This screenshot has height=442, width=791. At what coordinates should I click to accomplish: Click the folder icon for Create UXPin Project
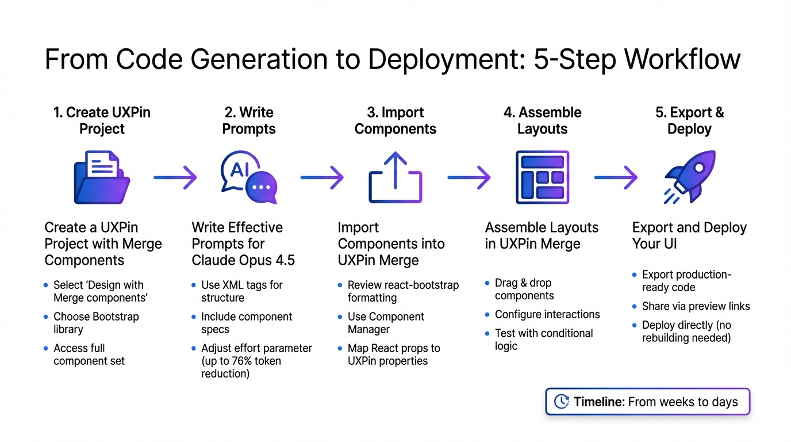(102, 177)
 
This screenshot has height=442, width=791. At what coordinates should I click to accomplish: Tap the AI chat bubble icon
(248, 178)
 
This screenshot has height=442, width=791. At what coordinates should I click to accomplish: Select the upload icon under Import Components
(395, 177)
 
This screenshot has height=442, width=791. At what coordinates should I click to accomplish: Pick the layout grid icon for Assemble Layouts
(542, 177)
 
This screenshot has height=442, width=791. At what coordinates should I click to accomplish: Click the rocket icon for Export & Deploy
(689, 177)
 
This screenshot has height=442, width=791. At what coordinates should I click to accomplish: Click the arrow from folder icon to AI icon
(175, 178)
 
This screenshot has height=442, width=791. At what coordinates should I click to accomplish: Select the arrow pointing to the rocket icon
(616, 178)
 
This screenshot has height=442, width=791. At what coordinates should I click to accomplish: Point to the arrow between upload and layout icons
(469, 178)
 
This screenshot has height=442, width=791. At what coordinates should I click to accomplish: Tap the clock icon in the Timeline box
(560, 402)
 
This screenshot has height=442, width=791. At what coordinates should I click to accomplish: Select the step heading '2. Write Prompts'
(248, 120)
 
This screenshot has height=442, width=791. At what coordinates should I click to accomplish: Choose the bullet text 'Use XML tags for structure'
(241, 291)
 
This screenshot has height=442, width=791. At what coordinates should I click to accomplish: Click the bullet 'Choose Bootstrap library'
(96, 323)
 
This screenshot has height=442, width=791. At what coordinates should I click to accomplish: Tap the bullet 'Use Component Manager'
(386, 323)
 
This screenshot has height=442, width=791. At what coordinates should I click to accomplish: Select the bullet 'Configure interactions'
(547, 314)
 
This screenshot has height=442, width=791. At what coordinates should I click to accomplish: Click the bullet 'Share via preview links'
(696, 306)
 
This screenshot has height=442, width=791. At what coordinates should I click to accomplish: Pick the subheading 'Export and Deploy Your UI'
(689, 235)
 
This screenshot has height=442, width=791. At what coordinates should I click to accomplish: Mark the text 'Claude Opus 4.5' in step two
(243, 260)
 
